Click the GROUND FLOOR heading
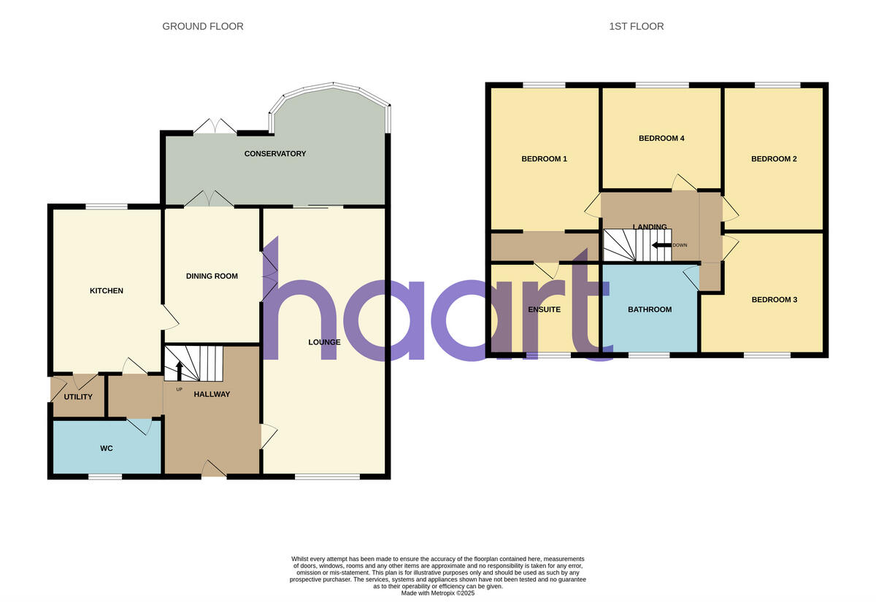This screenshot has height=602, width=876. pos(203,26)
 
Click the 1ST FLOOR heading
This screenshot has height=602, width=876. pos(637,26)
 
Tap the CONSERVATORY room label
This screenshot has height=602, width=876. pos(275,154)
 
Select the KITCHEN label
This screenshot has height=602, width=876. pos(107,290)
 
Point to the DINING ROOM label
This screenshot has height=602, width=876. pos(212,276)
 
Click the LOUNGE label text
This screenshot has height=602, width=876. pos(324,341)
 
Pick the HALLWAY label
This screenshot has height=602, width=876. pos(212,395)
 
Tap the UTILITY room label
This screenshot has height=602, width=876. pos(78,397)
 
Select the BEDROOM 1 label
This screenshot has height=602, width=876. pos(544,159)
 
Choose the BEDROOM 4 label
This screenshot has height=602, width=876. pos(661,138)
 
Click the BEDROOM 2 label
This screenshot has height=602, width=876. pos(774,159)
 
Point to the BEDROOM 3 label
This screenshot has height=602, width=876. pos(774,300)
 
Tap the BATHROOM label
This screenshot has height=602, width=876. pos(650,309)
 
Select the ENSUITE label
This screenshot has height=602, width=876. pos(544,309)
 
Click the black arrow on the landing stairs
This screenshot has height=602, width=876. pos(661,245)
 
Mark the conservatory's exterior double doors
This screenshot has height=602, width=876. pos(215,126)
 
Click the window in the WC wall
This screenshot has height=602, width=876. pos(105,477)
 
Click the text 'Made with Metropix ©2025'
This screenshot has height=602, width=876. pos(438,593)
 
